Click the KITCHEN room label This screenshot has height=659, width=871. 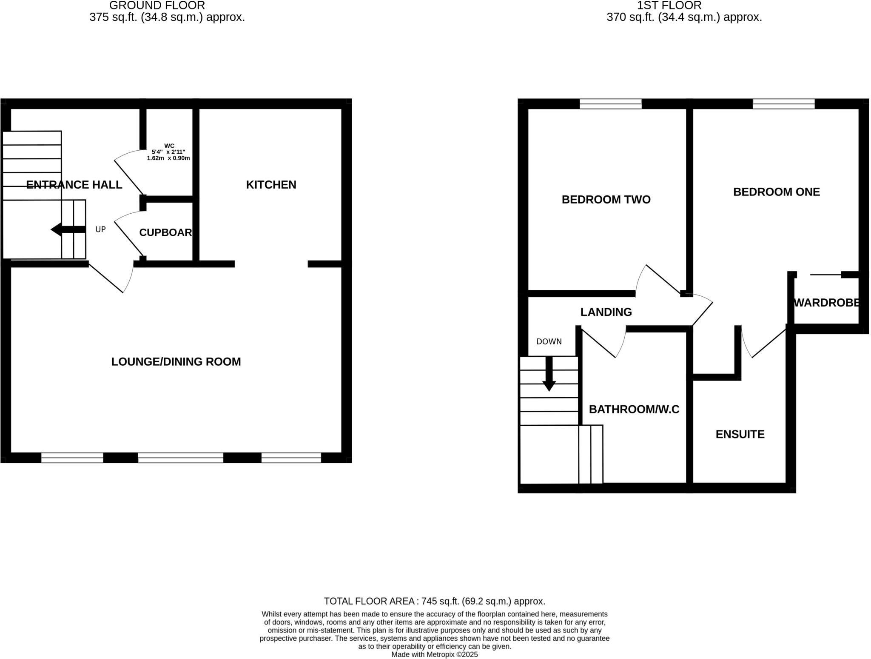pos(271,185)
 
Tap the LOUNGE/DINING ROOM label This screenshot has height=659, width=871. pos(176,361)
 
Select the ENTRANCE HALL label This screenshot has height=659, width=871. pos(74,185)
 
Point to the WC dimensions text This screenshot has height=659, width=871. pos(168,155)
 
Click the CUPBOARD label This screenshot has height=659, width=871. pos(165,232)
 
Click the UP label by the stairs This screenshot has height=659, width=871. pos(100,229)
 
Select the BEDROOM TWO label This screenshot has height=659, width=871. pos(606,200)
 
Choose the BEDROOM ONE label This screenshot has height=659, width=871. pos(776,192)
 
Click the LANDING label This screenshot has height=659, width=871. pos(606,312)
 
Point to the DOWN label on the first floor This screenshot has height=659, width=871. pos(549,341)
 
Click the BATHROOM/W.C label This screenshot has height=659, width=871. pos(634,410)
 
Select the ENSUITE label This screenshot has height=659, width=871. pos(740,434)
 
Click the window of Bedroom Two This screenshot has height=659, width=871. pos(610,104)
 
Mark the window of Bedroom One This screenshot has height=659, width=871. pos(783,104)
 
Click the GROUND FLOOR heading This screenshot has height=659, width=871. pos(157,6)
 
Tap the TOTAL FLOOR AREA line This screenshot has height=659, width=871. pos(434,601)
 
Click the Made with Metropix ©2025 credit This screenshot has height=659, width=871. pos(434,655)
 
